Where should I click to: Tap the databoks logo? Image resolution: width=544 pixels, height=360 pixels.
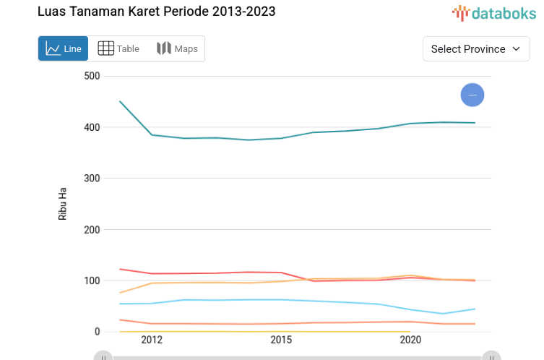pyautogui.click(x=494, y=12)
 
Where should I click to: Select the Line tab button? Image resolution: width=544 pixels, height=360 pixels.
pyautogui.click(x=64, y=48)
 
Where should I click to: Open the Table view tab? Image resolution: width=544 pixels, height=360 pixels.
pyautogui.click(x=118, y=48)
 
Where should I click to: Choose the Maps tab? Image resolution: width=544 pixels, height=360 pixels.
pyautogui.click(x=177, y=48)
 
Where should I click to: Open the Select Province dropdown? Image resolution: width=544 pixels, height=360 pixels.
pyautogui.click(x=476, y=48)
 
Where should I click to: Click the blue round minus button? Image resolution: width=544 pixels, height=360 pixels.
pyautogui.click(x=472, y=95)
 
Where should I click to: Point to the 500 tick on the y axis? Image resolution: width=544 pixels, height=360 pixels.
pyautogui.click(x=92, y=76)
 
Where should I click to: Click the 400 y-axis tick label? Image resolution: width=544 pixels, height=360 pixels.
pyautogui.click(x=92, y=127)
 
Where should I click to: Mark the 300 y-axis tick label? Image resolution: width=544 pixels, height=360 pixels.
pyautogui.click(x=92, y=178)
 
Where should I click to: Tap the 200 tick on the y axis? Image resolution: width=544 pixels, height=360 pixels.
pyautogui.click(x=92, y=229)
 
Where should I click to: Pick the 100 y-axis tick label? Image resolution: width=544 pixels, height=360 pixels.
pyautogui.click(x=92, y=280)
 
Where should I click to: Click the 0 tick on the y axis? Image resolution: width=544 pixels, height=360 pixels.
pyautogui.click(x=97, y=332)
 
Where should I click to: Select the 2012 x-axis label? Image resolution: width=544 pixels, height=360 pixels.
pyautogui.click(x=152, y=340)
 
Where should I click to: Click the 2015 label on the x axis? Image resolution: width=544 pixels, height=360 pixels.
pyautogui.click(x=281, y=340)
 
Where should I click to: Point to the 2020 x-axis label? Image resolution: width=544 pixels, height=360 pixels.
pyautogui.click(x=410, y=340)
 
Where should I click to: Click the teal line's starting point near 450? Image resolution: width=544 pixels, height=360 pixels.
pyautogui.click(x=120, y=101)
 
